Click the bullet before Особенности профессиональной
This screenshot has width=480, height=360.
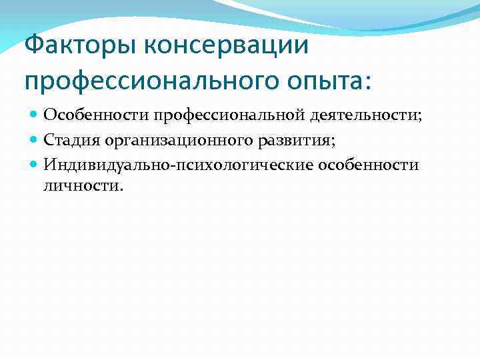pyautogui.click(x=35, y=115)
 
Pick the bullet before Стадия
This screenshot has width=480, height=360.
pyautogui.click(x=35, y=139)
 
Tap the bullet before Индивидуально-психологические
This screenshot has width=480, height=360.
pyautogui.click(x=35, y=164)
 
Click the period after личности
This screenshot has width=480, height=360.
pyautogui.click(x=121, y=187)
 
